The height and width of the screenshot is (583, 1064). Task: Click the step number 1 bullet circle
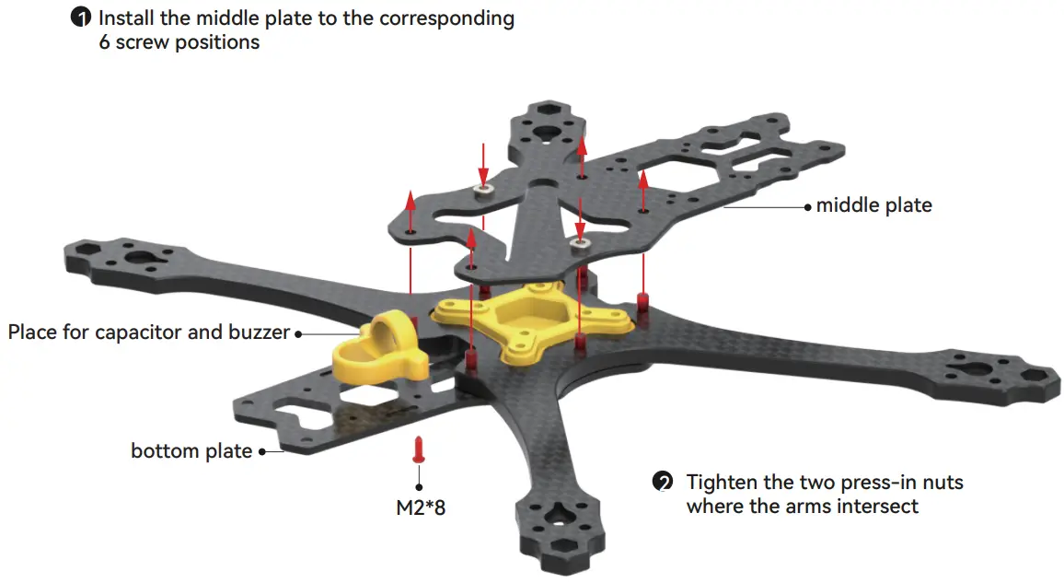pyautogui.click(x=83, y=18)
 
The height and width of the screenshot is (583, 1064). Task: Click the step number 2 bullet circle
pyautogui.click(x=662, y=483)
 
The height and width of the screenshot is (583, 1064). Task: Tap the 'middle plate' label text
pyautogui.click(x=873, y=206)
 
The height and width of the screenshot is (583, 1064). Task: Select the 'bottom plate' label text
pyautogui.click(x=191, y=451)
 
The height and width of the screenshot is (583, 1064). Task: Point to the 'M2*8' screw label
pyautogui.click(x=420, y=507)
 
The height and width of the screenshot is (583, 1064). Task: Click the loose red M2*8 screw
pyautogui.click(x=421, y=449)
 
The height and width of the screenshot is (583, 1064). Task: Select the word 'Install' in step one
pyautogui.click(x=125, y=18)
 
